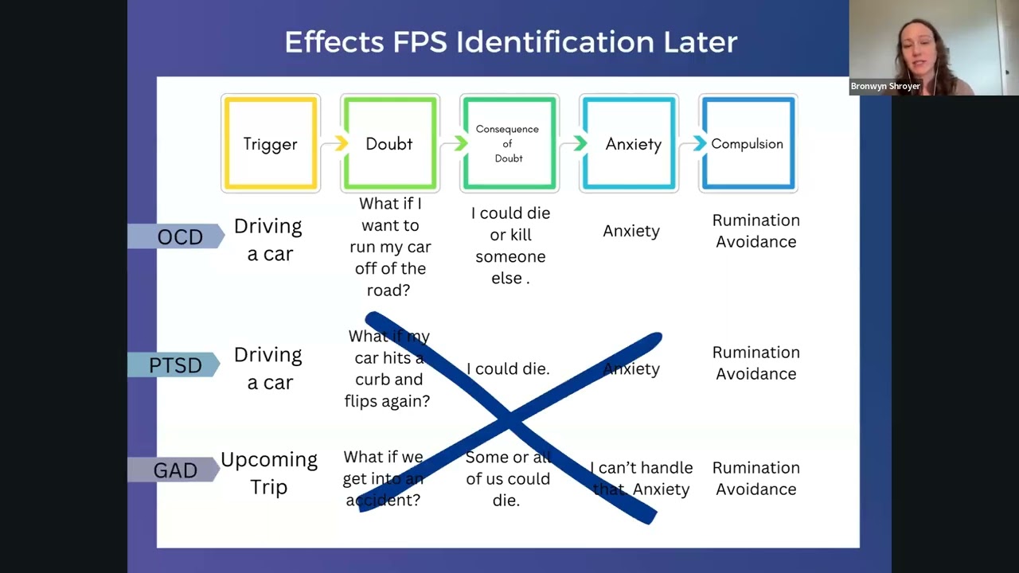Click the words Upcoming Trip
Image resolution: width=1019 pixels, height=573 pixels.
(269, 473)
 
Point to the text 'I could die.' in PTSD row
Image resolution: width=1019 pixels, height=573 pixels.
(508, 368)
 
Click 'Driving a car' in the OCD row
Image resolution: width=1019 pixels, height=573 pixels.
(268, 240)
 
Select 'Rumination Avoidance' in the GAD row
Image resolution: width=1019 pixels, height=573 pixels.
(756, 478)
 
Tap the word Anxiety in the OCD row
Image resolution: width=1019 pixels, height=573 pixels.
(631, 232)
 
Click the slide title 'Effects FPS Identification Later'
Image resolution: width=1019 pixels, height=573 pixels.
(510, 42)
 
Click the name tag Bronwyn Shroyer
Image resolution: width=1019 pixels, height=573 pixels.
(885, 86)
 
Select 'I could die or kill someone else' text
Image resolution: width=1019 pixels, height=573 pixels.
(510, 246)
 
